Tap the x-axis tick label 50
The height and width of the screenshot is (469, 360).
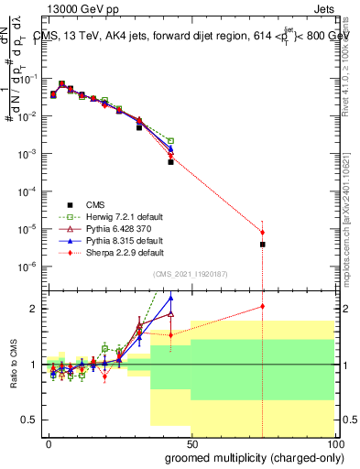[x=191, y=442]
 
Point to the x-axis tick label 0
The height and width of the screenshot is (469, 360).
[x=48, y=442]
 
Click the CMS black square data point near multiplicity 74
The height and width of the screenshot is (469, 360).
[x=262, y=245]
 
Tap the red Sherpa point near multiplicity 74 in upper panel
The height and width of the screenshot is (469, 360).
[x=262, y=233]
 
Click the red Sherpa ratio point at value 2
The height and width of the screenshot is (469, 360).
[x=262, y=307]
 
